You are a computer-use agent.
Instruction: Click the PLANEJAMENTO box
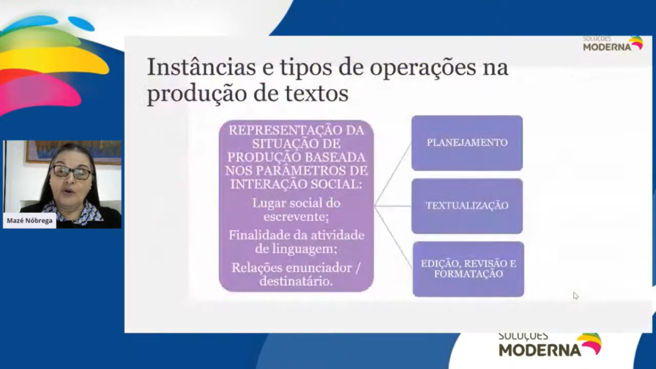[467, 143]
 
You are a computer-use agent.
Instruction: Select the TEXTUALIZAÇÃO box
[467, 206]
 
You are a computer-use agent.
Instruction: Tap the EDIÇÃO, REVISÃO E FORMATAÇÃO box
[468, 269]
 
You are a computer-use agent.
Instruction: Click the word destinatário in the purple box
[296, 282]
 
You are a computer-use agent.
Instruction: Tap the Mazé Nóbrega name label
[30, 220]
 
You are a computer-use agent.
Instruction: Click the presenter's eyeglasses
[72, 172]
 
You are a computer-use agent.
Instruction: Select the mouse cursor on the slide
[576, 296]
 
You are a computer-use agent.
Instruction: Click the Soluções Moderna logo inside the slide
[613, 44]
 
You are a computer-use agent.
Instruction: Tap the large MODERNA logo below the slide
[550, 345]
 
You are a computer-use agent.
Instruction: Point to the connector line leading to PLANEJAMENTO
[393, 175]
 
